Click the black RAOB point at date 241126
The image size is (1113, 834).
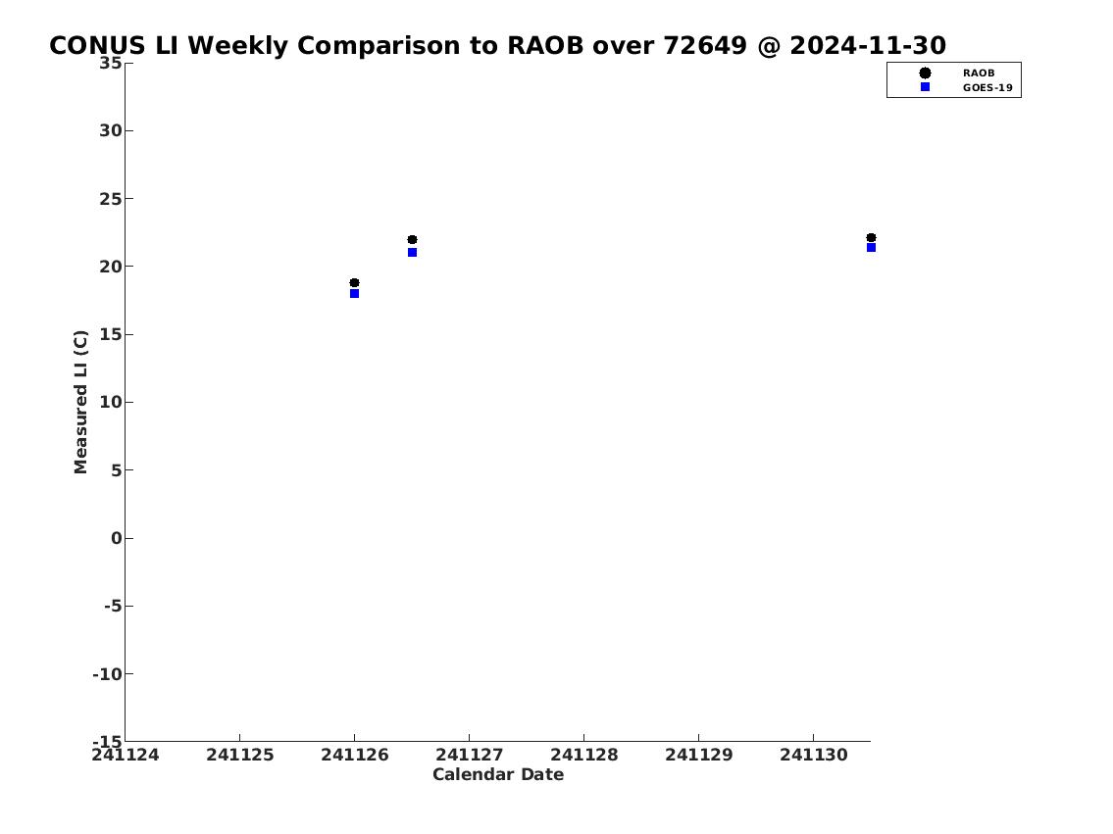click(x=354, y=283)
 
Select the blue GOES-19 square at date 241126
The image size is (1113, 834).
click(x=354, y=294)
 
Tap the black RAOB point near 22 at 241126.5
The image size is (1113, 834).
click(x=413, y=240)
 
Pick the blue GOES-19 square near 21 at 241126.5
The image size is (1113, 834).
click(x=413, y=253)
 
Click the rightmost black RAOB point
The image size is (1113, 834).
click(x=871, y=237)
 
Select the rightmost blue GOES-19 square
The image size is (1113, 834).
click(x=871, y=248)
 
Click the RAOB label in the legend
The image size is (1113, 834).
click(x=979, y=74)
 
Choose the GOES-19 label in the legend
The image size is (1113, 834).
click(x=987, y=88)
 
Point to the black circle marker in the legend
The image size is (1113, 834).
click(x=925, y=74)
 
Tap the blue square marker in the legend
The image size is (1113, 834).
click(x=925, y=86)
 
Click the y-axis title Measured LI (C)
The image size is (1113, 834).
click(x=81, y=402)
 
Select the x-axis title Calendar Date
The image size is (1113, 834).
click(x=498, y=774)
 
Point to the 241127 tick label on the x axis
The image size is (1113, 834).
click(x=469, y=755)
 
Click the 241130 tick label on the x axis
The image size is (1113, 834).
click(x=814, y=755)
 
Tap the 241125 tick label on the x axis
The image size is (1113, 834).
click(x=240, y=755)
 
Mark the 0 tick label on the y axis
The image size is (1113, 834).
click(x=117, y=538)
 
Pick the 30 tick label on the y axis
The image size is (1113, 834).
click(x=111, y=130)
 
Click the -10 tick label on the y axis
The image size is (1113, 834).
click(x=108, y=673)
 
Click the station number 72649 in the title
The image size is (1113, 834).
click(x=705, y=45)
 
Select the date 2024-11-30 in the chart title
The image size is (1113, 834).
click(x=868, y=45)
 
